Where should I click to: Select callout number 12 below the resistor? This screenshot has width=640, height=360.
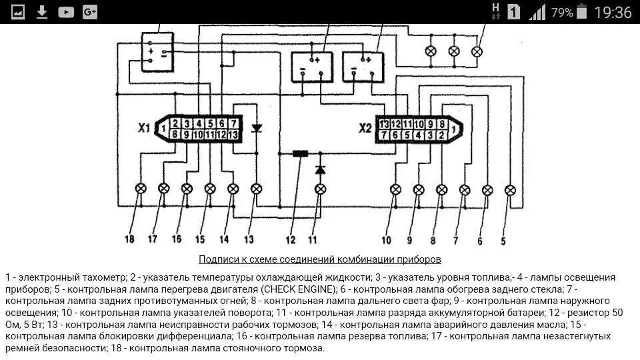[x=291, y=238]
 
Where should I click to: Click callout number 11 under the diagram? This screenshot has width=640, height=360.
[x=313, y=238]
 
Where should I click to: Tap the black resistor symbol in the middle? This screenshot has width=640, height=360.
[x=300, y=153]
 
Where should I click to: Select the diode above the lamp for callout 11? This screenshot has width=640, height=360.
[x=320, y=170]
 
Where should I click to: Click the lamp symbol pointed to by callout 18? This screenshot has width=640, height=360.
[x=141, y=189]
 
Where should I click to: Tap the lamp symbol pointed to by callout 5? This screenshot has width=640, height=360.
[x=510, y=189]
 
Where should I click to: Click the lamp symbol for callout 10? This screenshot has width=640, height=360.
[x=395, y=189]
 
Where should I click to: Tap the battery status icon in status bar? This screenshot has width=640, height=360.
[x=582, y=12]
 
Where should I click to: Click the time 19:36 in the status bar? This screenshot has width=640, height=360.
[x=613, y=12]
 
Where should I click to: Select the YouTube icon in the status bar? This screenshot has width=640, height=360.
[x=66, y=12]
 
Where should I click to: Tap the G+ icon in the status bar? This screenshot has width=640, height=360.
[x=89, y=12]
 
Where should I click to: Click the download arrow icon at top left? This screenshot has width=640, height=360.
[x=42, y=12]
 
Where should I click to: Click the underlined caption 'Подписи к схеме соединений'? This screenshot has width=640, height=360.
[x=319, y=259]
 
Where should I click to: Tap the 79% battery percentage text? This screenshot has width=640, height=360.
[x=561, y=12]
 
